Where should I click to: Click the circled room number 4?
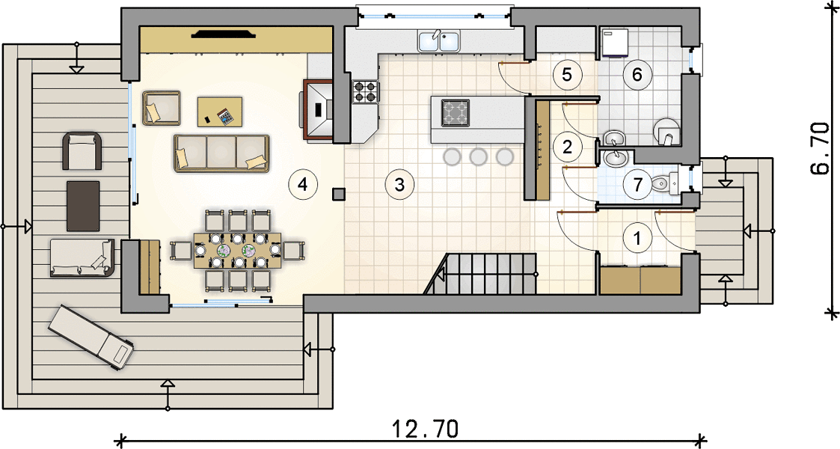pos(303,184)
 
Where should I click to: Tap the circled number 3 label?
pos(399,184)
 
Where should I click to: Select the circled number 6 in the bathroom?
pos(637,75)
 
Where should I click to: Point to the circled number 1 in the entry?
pos(637,237)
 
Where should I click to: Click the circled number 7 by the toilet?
pos(637,184)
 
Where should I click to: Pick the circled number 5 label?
pos(567,75)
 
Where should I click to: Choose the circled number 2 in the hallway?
pos(567,146)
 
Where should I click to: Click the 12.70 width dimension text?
pos(425,430)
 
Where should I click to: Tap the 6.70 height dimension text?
pos(821,148)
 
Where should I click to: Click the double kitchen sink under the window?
pos(439,42)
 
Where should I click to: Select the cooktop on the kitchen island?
pos(456,112)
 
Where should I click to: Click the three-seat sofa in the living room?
pos(221,153)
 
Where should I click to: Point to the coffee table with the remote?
pos(220,112)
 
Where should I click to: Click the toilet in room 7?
pos(663,184)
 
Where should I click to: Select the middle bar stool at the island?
pos(478,156)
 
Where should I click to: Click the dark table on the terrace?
pos(83,206)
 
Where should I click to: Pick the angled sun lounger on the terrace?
pos(91,337)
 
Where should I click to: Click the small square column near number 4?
pos(339,193)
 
